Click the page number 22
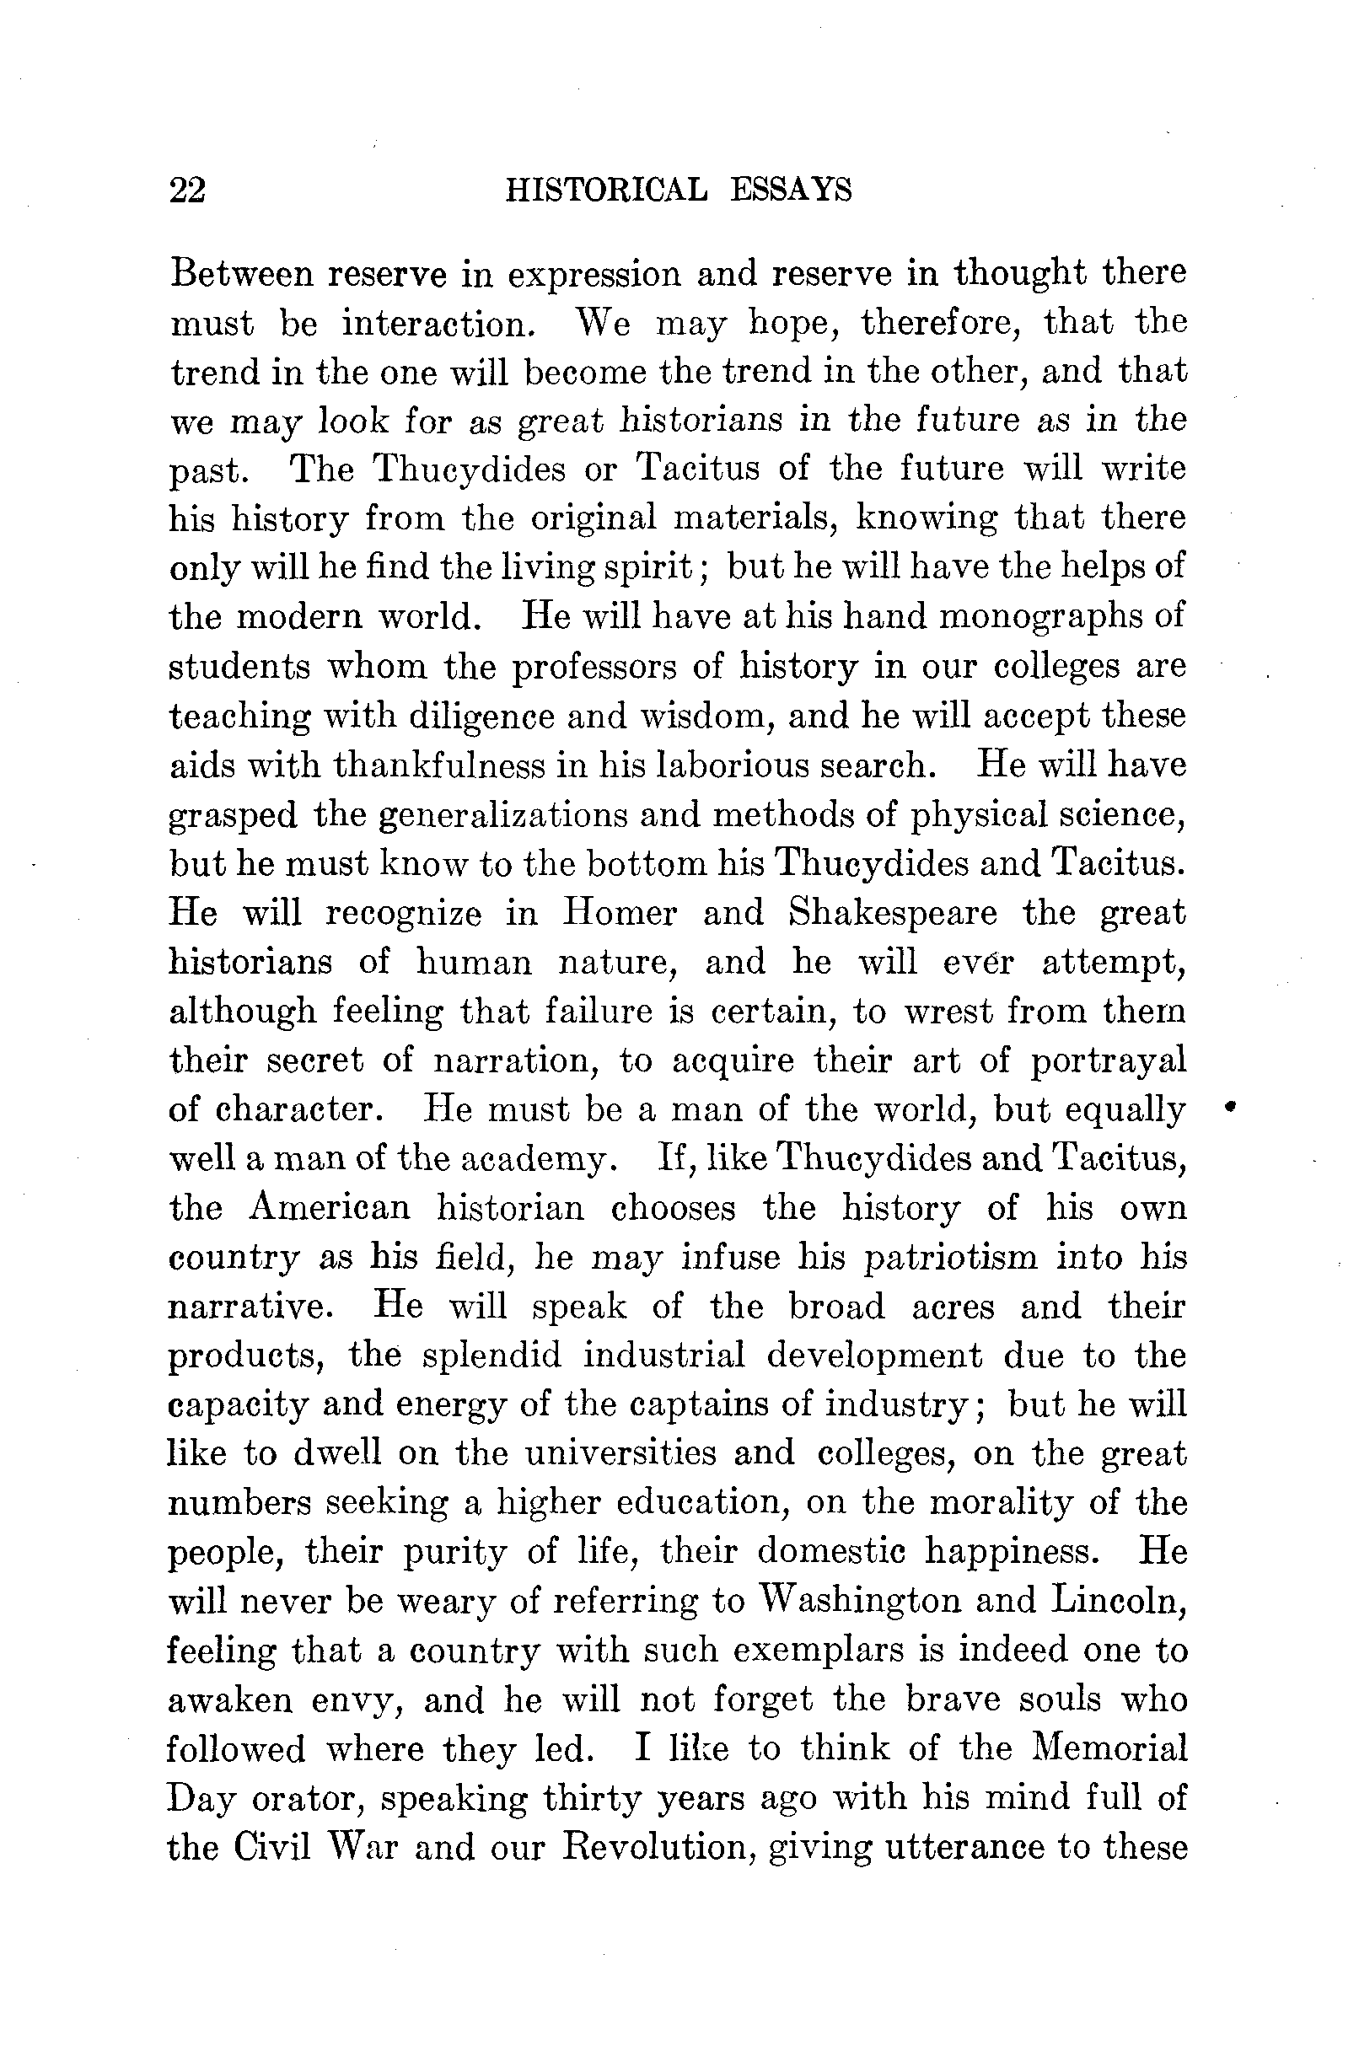click(x=187, y=190)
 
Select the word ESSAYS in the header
click(x=791, y=190)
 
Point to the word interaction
click(x=435, y=323)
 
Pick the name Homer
click(x=618, y=913)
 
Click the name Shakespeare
click(x=893, y=913)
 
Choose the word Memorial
click(x=1110, y=1748)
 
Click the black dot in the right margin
click(x=1230, y=1107)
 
